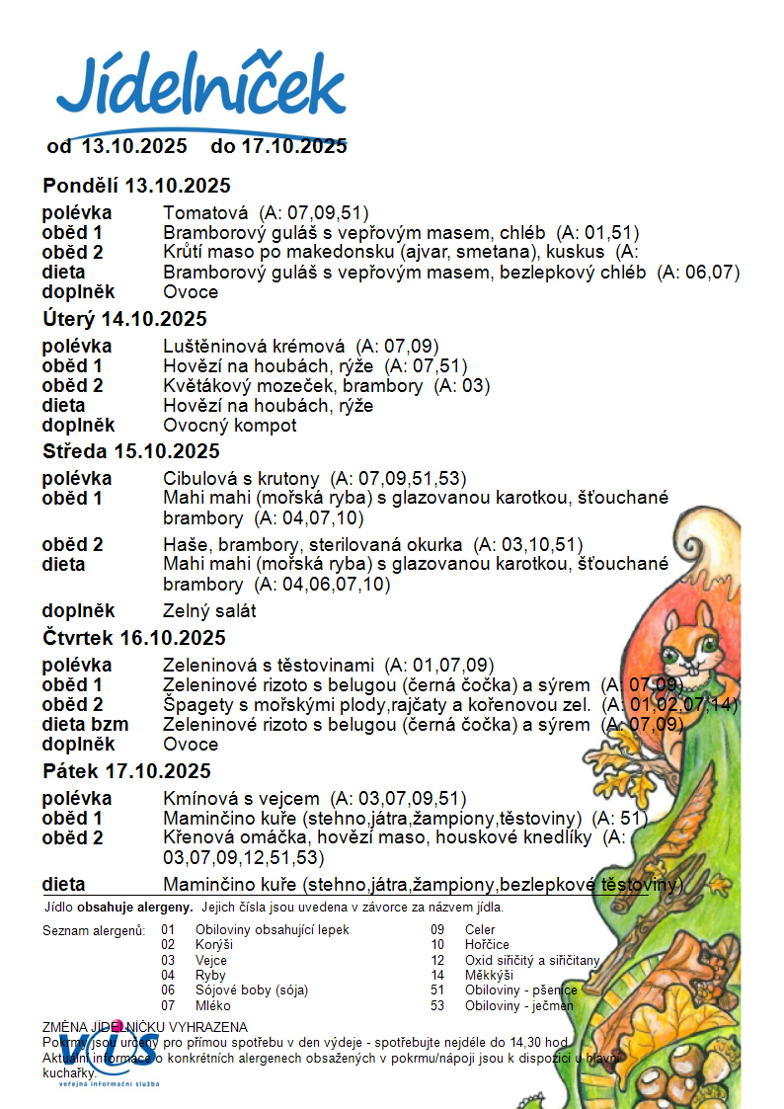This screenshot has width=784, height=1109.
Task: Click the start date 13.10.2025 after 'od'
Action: (133, 146)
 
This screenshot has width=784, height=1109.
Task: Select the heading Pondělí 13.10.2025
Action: (136, 186)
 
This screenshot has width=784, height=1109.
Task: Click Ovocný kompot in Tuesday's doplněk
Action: (230, 426)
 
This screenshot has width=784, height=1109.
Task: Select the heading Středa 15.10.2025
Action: (131, 452)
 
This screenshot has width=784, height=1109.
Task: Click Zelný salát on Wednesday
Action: (209, 611)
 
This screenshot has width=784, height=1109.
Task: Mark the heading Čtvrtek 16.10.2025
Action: (134, 638)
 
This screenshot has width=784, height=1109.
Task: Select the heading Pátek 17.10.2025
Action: (126, 771)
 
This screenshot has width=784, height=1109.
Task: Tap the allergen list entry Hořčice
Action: (487, 945)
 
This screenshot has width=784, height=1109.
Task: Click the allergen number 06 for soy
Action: (168, 990)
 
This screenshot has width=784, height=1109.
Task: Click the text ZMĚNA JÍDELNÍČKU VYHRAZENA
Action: (145, 1028)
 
